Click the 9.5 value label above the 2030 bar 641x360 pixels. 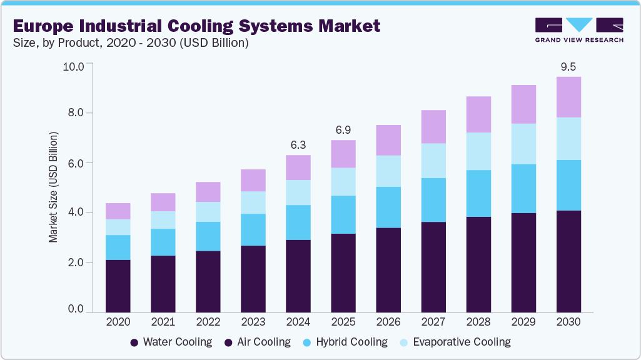[x=568, y=67]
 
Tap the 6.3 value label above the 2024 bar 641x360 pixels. [x=298, y=145]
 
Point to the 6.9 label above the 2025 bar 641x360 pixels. [x=343, y=130]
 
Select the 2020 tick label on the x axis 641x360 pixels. [x=118, y=322]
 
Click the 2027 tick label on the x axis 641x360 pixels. [x=433, y=322]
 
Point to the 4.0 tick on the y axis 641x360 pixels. [x=77, y=212]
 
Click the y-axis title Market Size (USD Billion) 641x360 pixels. [x=54, y=187]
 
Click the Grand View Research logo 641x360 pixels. [x=579, y=30]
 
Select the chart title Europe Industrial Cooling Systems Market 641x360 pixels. [x=196, y=26]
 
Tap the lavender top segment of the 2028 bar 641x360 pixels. [x=478, y=114]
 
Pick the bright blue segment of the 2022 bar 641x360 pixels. [x=208, y=236]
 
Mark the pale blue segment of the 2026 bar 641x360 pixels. [x=388, y=171]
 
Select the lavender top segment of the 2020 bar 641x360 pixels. [x=118, y=211]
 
